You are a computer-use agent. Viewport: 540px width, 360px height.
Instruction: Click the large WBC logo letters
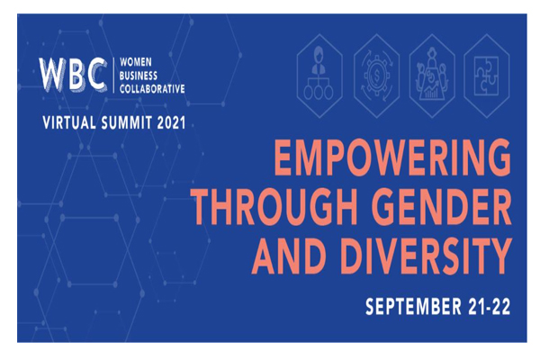point(73,75)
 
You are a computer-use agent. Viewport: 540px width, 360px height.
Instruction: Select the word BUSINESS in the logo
point(139,76)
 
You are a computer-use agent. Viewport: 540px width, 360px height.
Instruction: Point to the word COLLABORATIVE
point(152,89)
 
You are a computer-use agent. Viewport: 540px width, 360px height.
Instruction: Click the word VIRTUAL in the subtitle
point(69,122)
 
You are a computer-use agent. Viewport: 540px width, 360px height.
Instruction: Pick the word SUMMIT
point(127,122)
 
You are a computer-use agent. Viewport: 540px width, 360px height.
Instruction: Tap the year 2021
point(172,122)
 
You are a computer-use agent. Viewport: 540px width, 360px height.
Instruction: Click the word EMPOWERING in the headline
point(391,157)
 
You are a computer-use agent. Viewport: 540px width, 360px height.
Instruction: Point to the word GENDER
point(442,207)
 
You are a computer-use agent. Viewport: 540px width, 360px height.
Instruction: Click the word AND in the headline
point(289,256)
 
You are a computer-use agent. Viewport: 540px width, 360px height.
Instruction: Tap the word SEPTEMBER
point(413,306)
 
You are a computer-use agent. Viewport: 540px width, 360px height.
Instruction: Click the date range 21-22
point(490,306)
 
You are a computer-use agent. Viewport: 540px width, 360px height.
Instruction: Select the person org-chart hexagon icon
point(319,76)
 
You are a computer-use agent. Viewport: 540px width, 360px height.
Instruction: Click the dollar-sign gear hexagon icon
point(376,76)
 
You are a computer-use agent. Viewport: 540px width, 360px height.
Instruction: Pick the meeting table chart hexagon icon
point(432,76)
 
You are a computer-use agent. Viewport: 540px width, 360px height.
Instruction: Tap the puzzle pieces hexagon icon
point(486,76)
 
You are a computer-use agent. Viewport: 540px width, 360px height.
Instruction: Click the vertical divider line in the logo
point(113,75)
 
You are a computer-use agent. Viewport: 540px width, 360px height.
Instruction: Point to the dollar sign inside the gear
point(377,75)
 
